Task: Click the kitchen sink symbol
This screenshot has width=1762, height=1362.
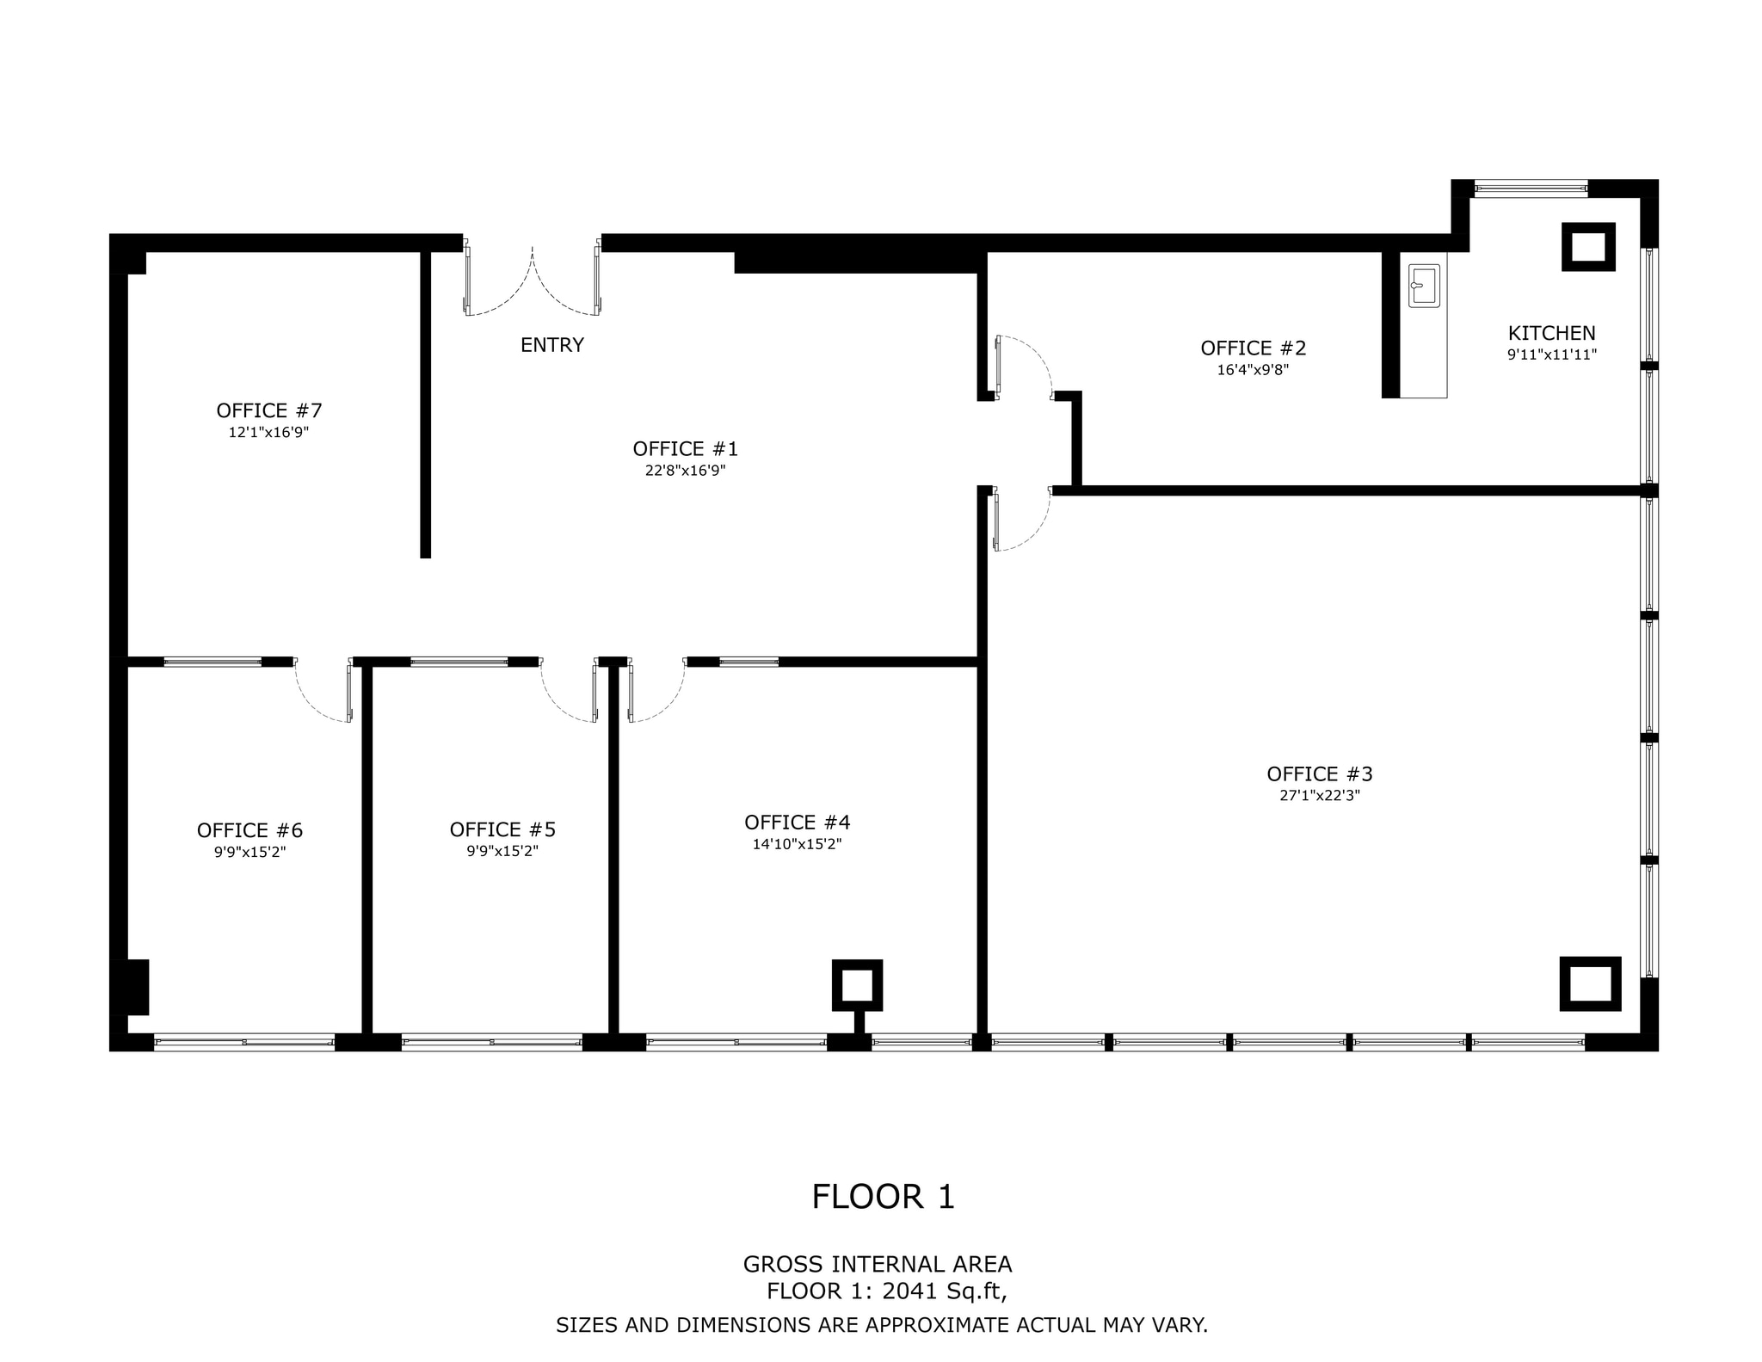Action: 1423,286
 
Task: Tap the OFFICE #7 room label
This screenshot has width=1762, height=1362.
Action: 268,410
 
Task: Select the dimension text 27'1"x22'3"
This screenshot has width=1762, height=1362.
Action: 1319,796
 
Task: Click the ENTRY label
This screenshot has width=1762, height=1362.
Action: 551,345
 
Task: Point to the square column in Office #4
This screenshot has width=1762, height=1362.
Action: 857,984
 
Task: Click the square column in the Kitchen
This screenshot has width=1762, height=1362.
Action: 1587,247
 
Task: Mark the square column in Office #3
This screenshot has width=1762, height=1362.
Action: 1589,983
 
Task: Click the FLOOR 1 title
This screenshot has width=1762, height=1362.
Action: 883,1197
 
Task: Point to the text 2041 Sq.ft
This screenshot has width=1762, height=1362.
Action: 944,1291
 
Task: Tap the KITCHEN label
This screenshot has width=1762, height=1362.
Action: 1551,333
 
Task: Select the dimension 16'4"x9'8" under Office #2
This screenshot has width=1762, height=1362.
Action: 1253,370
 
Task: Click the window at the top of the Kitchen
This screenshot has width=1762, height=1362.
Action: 1531,188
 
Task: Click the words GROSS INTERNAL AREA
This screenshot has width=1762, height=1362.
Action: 877,1264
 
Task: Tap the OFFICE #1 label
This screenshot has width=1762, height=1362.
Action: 685,448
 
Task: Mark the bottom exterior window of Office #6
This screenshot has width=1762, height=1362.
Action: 244,1042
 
